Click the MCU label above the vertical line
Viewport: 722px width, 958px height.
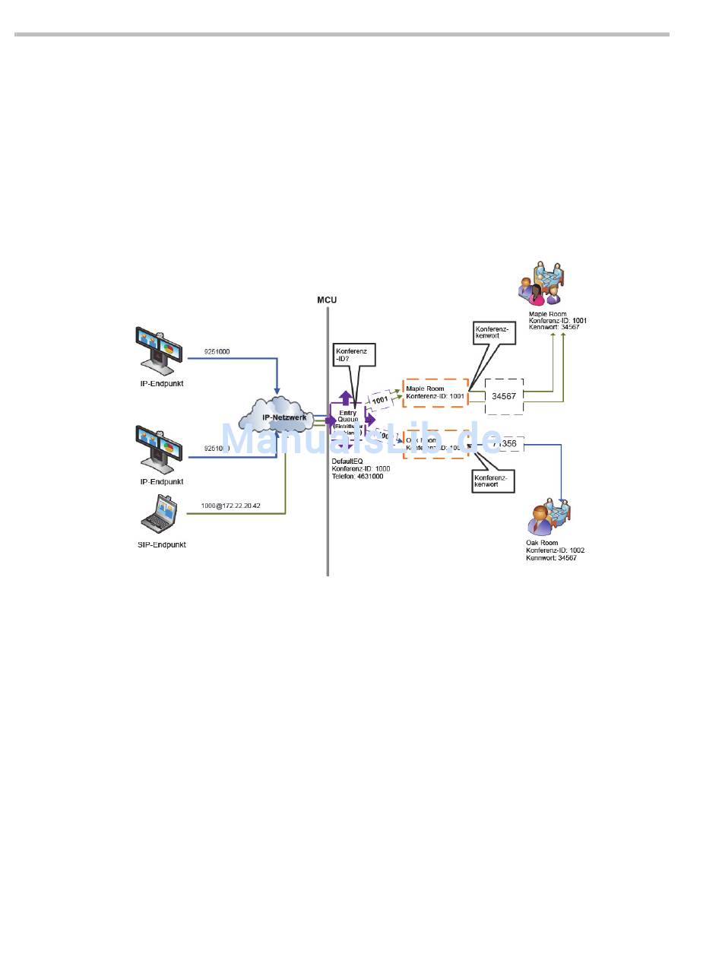tap(327, 300)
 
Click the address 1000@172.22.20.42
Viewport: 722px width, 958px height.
tap(230, 506)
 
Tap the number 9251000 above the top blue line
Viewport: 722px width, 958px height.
tap(217, 352)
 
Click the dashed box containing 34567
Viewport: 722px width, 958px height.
tap(504, 396)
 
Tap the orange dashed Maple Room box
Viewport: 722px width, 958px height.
tap(435, 392)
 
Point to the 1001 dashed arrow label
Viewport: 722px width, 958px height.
tap(381, 399)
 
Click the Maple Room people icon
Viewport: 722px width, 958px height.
tap(543, 284)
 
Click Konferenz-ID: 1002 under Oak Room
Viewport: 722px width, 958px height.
tap(555, 550)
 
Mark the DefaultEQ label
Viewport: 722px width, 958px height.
tap(347, 461)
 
